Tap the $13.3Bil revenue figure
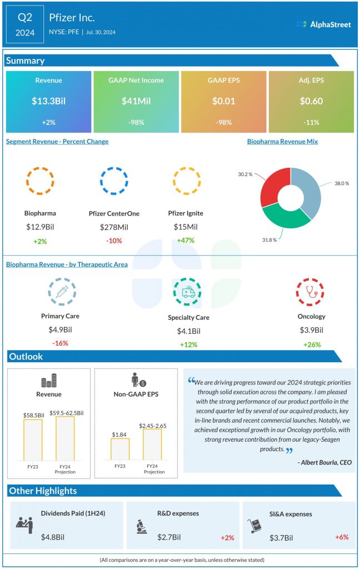click(48, 102)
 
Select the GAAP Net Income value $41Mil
click(136, 102)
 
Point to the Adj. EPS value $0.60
click(311, 102)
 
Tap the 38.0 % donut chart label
click(341, 183)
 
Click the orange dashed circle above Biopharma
click(40, 181)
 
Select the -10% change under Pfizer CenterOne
click(114, 241)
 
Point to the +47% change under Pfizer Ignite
click(186, 241)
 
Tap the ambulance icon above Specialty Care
click(188, 293)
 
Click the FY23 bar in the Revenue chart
click(32, 440)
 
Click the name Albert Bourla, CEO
click(324, 462)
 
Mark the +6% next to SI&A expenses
click(342, 537)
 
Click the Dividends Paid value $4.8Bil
click(53, 537)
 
